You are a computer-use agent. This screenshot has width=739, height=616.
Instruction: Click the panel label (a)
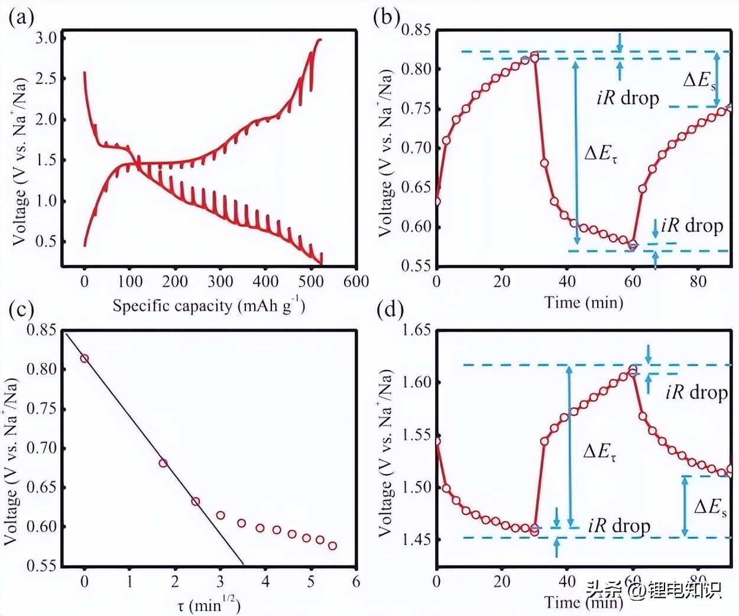click(21, 18)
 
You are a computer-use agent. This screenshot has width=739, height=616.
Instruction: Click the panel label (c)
click(21, 309)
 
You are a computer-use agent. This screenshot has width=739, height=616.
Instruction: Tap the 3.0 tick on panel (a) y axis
click(46, 38)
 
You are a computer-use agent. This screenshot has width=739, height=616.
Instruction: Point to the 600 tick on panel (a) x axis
click(356, 281)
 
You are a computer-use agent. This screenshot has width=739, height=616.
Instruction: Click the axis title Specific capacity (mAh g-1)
click(209, 306)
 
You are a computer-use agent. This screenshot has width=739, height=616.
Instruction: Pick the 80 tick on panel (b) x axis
click(698, 281)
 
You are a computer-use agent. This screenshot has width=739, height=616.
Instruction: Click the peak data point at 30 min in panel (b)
click(534, 57)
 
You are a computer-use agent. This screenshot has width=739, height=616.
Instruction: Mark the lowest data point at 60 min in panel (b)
click(633, 246)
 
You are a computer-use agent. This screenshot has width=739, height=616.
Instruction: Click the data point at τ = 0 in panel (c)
click(85, 358)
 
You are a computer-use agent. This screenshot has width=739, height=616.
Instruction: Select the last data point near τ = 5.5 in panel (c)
click(333, 546)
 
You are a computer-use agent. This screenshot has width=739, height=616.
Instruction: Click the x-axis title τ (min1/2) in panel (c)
click(209, 605)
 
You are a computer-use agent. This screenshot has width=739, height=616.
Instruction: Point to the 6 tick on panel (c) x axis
click(356, 582)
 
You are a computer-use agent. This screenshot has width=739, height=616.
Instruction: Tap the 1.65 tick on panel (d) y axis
click(416, 330)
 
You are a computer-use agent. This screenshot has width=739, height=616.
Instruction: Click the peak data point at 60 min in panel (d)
click(633, 372)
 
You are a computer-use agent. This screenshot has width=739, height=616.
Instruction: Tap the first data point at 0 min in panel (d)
click(437, 441)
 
